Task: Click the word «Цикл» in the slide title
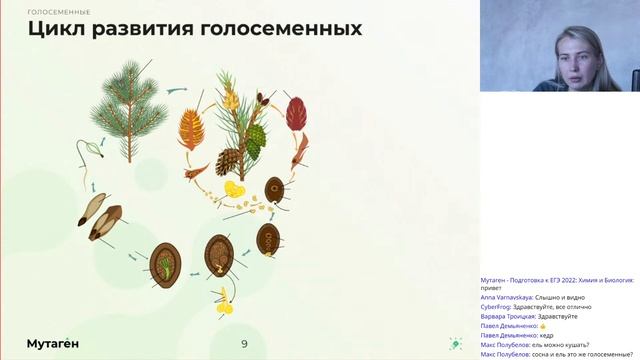(57, 28)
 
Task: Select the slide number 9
(244, 344)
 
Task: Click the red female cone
(295, 114)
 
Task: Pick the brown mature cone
(229, 160)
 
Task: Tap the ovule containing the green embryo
(165, 262)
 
